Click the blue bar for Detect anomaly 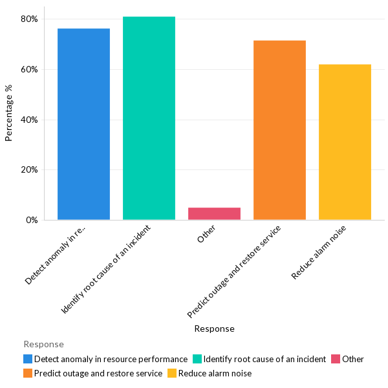[83, 124]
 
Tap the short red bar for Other [214, 213]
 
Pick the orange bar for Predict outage [279, 130]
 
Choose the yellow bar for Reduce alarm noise [345, 142]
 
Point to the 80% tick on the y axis [29, 19]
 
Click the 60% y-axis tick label [29, 69]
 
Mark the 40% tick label [29, 120]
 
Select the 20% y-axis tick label [29, 170]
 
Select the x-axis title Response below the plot [214, 329]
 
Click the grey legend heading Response [43, 344]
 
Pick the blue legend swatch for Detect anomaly [28, 359]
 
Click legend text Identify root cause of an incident [264, 359]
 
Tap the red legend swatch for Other [336, 359]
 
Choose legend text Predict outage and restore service [98, 373]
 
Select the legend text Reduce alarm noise [215, 373]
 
